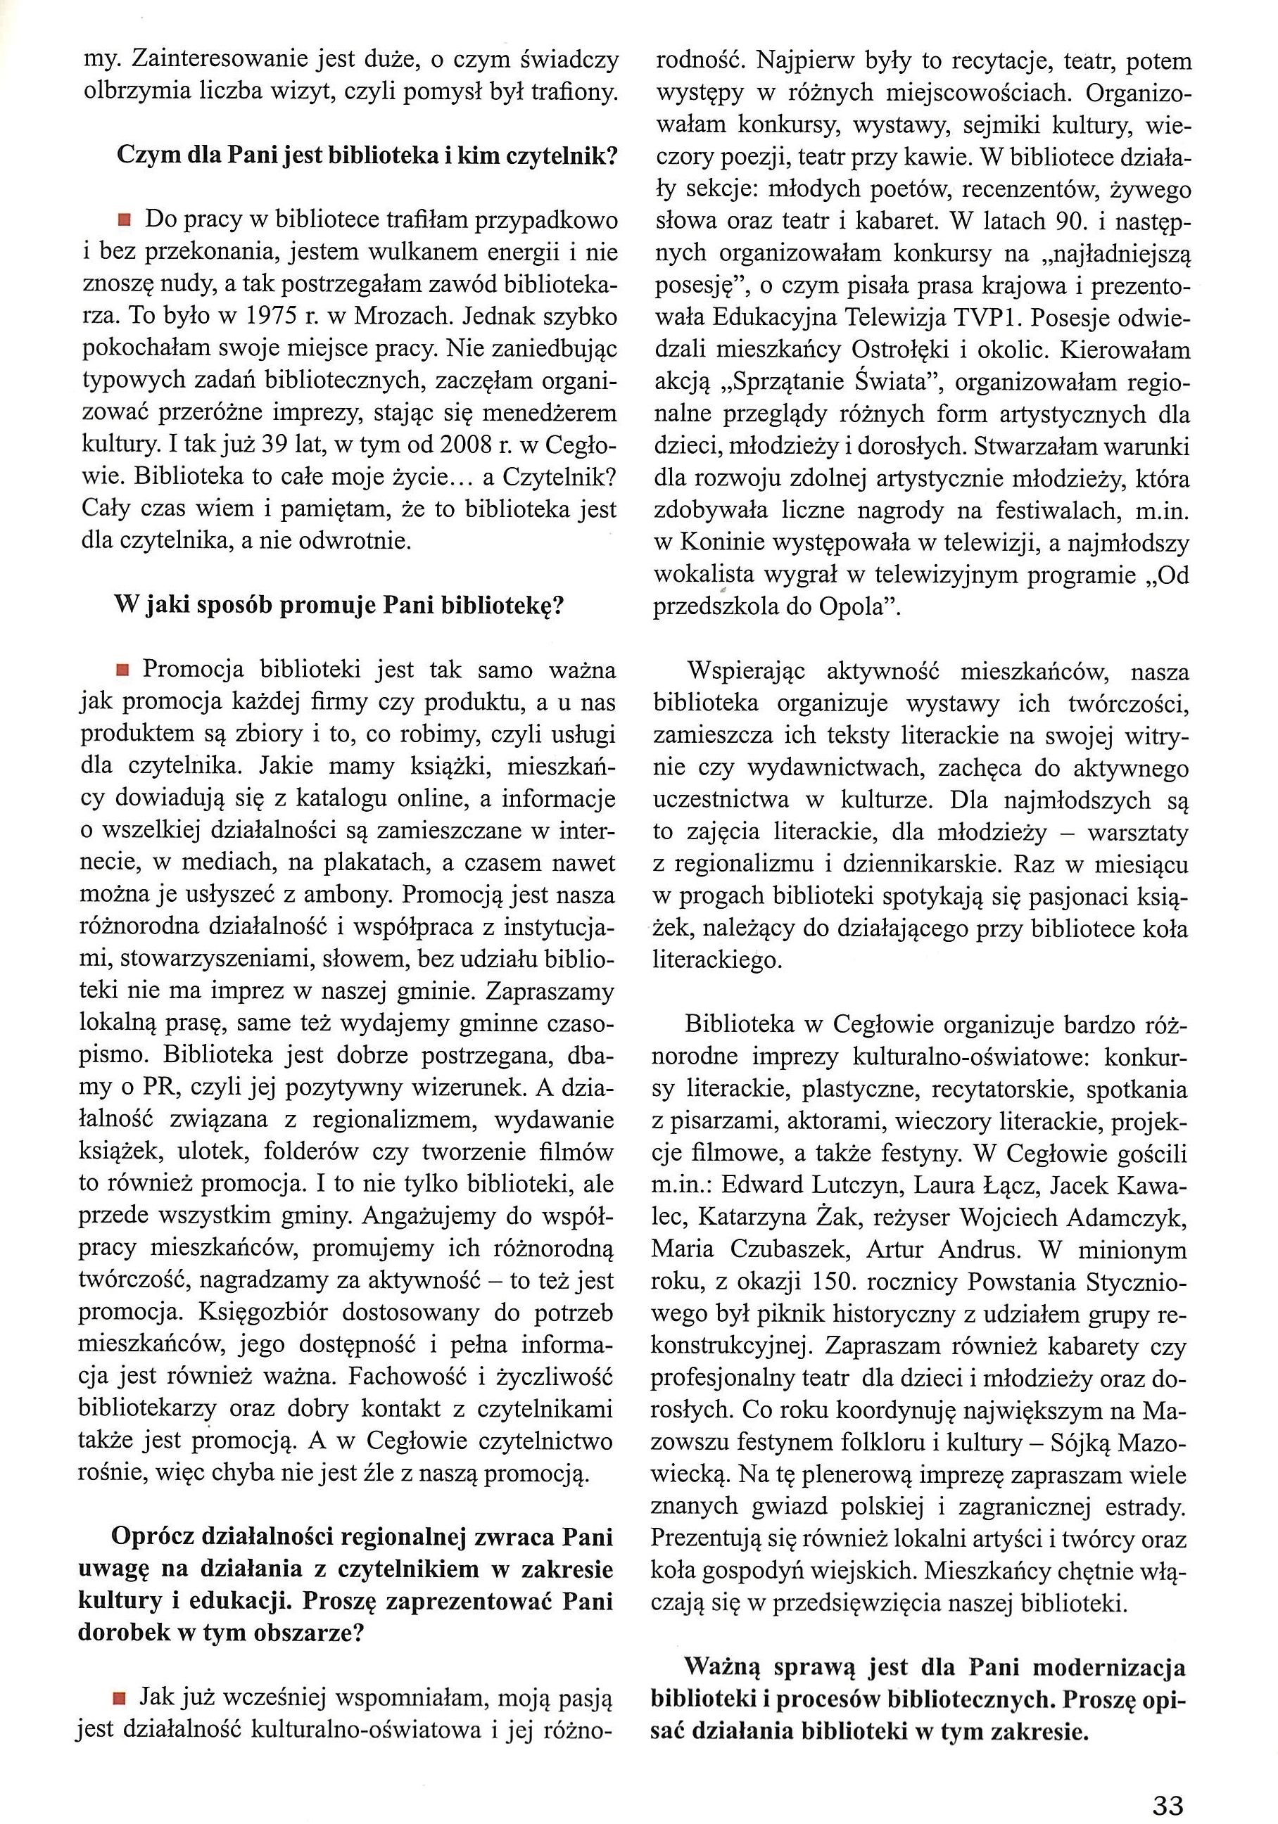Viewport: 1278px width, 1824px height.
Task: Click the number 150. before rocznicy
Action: [x=834, y=1282]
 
